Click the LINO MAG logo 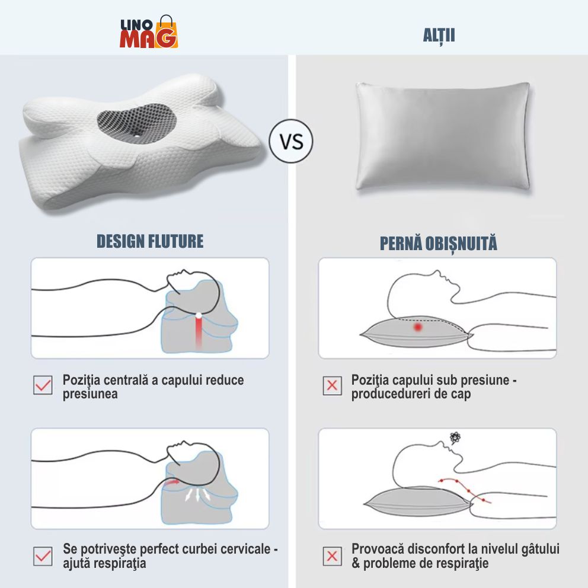tap(149, 32)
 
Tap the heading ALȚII tap(439, 36)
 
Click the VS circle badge tap(291, 141)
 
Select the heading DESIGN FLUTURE tap(150, 241)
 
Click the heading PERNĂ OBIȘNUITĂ tap(439, 244)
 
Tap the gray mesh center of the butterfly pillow tap(137, 124)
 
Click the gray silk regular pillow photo tap(443, 136)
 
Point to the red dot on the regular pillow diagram tap(418, 327)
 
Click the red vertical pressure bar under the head tap(199, 331)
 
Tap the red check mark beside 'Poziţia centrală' tap(43, 385)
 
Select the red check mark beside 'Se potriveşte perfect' tap(43, 556)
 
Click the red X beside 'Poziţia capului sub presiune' tap(333, 385)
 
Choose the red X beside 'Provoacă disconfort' tap(333, 556)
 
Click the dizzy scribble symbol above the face tap(455, 437)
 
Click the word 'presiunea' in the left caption tap(90, 395)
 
